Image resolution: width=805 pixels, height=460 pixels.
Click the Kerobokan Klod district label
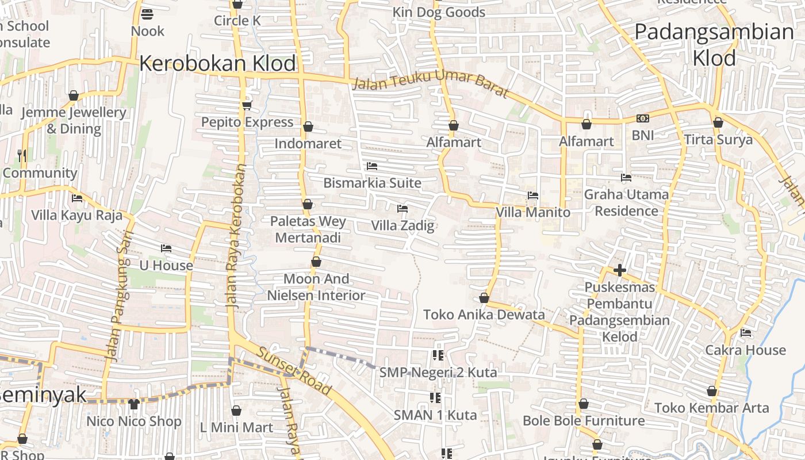(217, 63)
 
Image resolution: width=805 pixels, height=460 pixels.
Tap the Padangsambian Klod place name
(714, 44)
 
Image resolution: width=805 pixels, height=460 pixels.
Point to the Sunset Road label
(293, 371)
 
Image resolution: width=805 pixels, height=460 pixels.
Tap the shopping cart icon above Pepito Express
(247, 105)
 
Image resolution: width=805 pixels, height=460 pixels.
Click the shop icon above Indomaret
(308, 126)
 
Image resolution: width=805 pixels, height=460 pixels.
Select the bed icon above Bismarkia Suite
(372, 166)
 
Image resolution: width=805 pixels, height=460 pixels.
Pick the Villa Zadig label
(402, 225)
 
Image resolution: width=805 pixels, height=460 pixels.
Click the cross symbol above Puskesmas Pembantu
(619, 270)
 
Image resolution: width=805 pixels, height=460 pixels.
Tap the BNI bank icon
(642, 118)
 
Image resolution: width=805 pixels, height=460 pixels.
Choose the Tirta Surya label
(718, 140)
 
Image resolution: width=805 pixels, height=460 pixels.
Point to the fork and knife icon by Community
(22, 155)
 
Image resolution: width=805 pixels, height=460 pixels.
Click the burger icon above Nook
(147, 14)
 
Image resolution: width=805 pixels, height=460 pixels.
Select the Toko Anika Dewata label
(484, 315)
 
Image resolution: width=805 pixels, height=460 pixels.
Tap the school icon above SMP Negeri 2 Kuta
(438, 355)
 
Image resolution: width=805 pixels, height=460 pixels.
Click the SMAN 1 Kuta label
(435, 415)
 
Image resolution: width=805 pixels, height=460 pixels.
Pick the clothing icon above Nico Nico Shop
(134, 404)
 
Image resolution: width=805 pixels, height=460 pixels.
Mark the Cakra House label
(745, 350)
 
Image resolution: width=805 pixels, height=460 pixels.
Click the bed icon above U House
(166, 248)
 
